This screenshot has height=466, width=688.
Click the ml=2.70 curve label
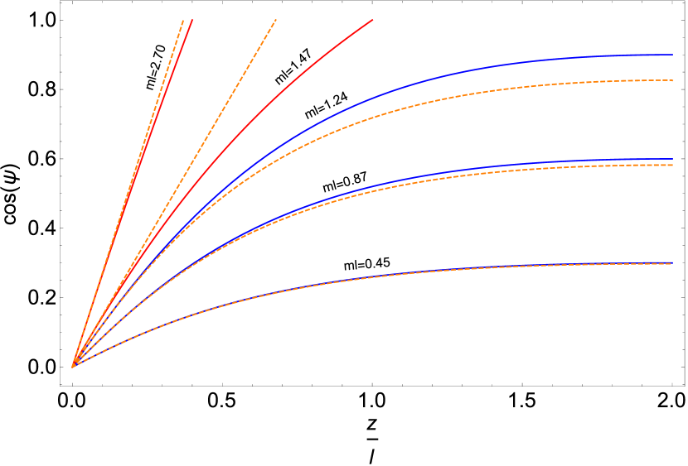[x=156, y=66]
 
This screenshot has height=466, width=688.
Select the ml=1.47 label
[x=293, y=66]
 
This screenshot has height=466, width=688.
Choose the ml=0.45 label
[x=367, y=264]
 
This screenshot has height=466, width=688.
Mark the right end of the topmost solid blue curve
[x=672, y=55]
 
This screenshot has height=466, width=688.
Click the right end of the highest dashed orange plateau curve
[x=672, y=80]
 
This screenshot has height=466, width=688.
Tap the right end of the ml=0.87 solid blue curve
[x=672, y=159]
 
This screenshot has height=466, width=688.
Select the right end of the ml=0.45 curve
[x=672, y=262]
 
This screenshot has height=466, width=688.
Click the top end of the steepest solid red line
[x=192, y=19]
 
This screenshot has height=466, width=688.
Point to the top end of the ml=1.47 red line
[x=373, y=19]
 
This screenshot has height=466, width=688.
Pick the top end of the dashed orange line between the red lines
[x=275, y=19]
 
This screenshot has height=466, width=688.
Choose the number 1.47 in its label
[x=301, y=60]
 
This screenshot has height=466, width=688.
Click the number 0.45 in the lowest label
[x=377, y=263]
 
